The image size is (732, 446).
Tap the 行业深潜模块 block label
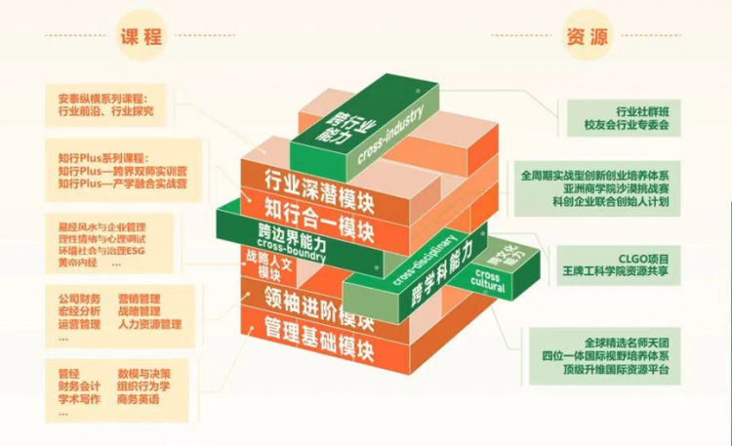pos(317,183)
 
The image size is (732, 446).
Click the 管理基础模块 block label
pos(319,326)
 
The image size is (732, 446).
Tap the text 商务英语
pos(138,398)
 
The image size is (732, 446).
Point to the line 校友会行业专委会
pos(627,125)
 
